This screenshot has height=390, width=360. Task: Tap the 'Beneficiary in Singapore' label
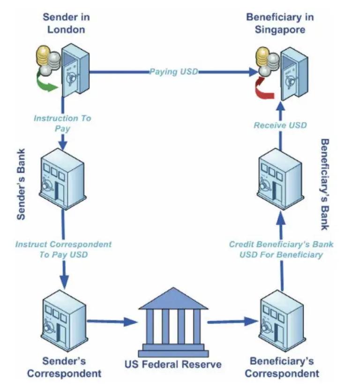[x=280, y=23]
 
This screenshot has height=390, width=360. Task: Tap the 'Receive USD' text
[x=280, y=125]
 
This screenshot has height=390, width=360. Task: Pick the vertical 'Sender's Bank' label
[x=21, y=185]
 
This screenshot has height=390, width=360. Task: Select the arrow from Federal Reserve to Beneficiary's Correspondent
[x=232, y=322]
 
